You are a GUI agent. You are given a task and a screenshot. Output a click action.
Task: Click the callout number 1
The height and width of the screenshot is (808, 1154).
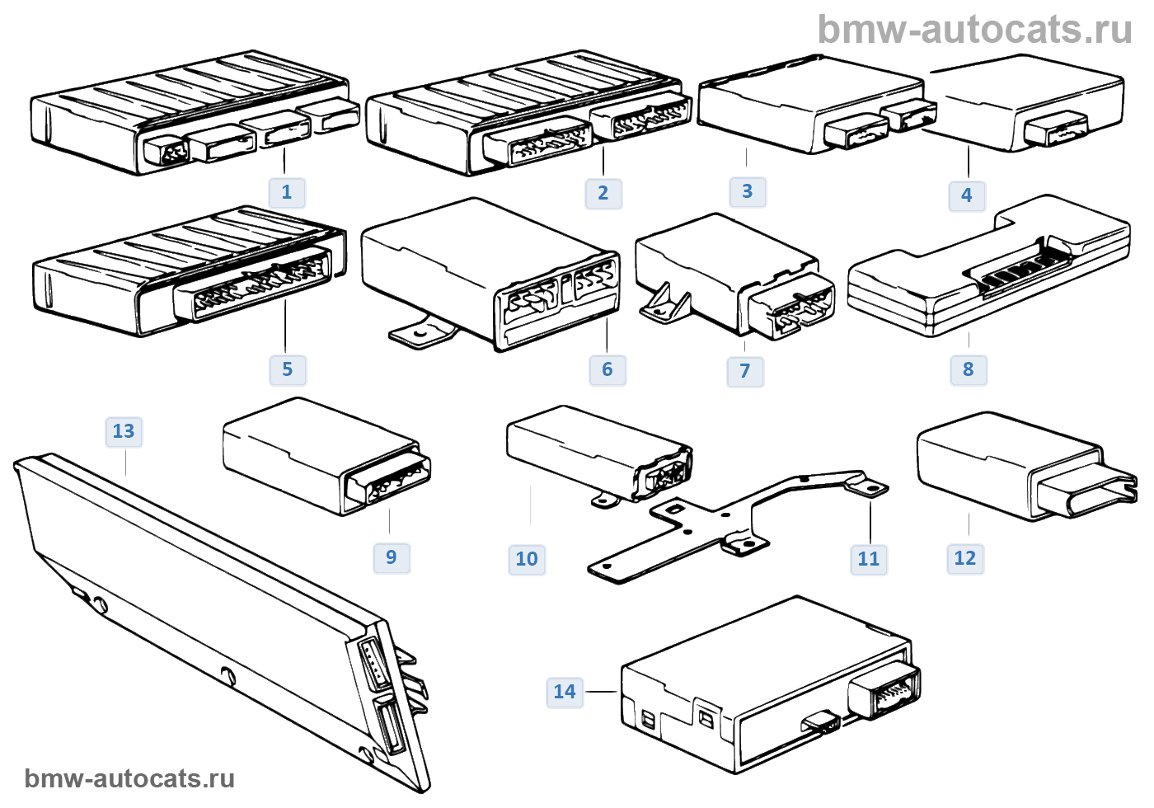coord(287,192)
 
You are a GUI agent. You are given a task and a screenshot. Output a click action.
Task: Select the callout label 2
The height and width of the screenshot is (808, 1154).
coord(603,193)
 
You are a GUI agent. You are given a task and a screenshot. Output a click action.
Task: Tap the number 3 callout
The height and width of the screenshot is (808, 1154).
coord(748,191)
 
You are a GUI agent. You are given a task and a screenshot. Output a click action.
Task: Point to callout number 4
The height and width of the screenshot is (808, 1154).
coord(967,195)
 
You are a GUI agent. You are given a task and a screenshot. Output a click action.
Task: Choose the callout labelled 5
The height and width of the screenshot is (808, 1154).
coord(288,369)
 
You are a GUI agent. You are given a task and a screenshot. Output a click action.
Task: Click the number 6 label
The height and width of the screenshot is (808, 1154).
coord(607,369)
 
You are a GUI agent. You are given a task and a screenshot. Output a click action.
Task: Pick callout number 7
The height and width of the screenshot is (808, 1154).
coord(745,371)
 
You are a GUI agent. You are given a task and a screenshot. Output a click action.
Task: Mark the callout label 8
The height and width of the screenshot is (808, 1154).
coord(969,369)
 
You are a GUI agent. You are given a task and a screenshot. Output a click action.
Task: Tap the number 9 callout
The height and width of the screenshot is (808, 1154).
coord(392,557)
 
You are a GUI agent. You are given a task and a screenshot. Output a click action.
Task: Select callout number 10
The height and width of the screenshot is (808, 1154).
coord(527,559)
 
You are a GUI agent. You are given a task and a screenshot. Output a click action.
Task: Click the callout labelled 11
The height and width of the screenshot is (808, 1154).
coord(869,559)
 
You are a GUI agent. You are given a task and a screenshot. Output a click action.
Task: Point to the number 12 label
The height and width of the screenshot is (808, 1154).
coord(965,558)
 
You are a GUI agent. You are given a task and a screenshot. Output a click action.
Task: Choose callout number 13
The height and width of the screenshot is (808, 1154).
coord(124,431)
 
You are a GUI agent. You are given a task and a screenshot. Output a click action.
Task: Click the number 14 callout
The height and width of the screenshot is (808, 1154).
coord(565,692)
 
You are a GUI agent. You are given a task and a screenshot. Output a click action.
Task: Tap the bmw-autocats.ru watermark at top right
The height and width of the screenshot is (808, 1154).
coord(975,30)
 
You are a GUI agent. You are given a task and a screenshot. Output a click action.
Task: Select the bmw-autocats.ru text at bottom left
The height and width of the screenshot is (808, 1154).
coord(129,778)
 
